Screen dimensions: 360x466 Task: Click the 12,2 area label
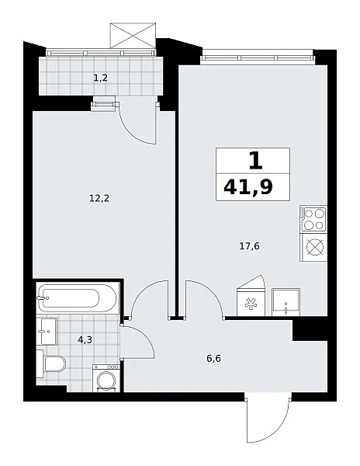(x=99, y=198)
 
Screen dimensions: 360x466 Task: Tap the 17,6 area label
(x=249, y=246)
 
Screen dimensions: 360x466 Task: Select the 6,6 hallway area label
(x=213, y=359)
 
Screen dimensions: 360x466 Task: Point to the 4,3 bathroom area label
(x=85, y=339)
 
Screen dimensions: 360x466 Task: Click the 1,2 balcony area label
(x=100, y=78)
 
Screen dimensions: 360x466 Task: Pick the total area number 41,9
(x=248, y=187)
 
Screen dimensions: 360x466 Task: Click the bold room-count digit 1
(x=255, y=161)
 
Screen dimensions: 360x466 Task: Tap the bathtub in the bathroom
(x=78, y=298)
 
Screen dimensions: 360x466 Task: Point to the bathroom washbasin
(x=47, y=331)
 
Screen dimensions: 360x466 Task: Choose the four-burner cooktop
(x=313, y=219)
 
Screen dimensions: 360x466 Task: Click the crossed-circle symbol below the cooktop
(x=314, y=248)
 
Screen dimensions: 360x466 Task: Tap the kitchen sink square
(x=286, y=302)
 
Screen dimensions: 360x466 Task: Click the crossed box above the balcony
(x=133, y=36)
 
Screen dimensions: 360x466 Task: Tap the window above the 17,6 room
(x=257, y=57)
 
